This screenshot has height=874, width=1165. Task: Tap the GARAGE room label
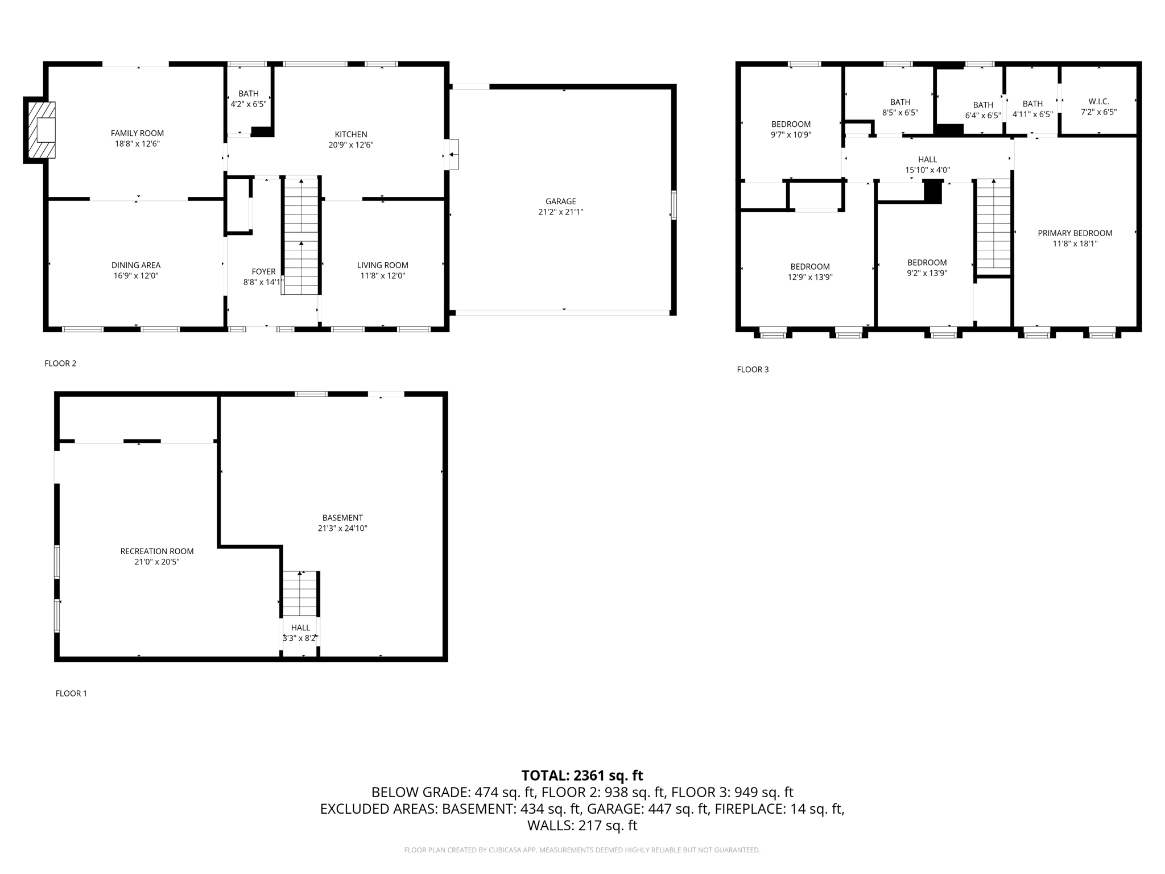[x=560, y=201]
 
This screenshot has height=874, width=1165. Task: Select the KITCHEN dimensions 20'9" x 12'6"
[x=350, y=145]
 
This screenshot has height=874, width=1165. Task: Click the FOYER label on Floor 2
[x=263, y=272]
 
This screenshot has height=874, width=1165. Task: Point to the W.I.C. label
[x=1098, y=102]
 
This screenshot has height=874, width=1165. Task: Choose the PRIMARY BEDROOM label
[x=1075, y=233]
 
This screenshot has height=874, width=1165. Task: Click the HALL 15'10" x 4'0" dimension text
[x=927, y=170]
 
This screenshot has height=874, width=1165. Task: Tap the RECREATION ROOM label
[x=157, y=551]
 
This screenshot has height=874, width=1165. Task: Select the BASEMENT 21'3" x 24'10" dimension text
[x=342, y=529]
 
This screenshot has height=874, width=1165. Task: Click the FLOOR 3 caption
[x=752, y=370]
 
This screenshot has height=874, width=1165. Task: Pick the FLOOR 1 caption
[x=71, y=694]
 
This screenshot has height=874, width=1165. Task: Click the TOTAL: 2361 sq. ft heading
[x=582, y=776]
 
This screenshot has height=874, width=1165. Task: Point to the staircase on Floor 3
[x=993, y=225]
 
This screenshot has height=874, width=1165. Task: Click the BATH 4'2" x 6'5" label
[x=248, y=99]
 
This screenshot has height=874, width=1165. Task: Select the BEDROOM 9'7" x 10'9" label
[x=791, y=130]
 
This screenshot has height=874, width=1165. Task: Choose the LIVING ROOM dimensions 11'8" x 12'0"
[x=382, y=276]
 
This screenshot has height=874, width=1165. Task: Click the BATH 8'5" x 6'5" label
[x=900, y=108]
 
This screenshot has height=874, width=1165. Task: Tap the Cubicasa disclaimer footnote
[x=582, y=850]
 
